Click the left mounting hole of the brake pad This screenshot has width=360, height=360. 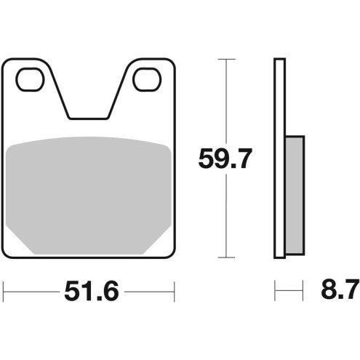[31, 79]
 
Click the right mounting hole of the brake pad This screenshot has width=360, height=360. [146, 79]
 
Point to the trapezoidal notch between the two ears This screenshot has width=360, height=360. [89, 95]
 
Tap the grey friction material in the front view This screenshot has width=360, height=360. [89, 193]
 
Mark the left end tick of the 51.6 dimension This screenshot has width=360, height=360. [4, 293]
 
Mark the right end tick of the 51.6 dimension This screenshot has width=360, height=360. [175, 293]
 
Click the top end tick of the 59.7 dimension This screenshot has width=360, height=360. [227, 59]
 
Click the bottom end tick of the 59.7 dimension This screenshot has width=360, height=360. [227, 258]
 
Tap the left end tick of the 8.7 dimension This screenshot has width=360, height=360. [275, 293]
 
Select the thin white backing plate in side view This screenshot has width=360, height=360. [279, 158]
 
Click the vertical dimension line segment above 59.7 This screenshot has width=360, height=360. [227, 102]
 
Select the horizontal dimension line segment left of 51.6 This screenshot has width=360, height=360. [29, 293]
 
